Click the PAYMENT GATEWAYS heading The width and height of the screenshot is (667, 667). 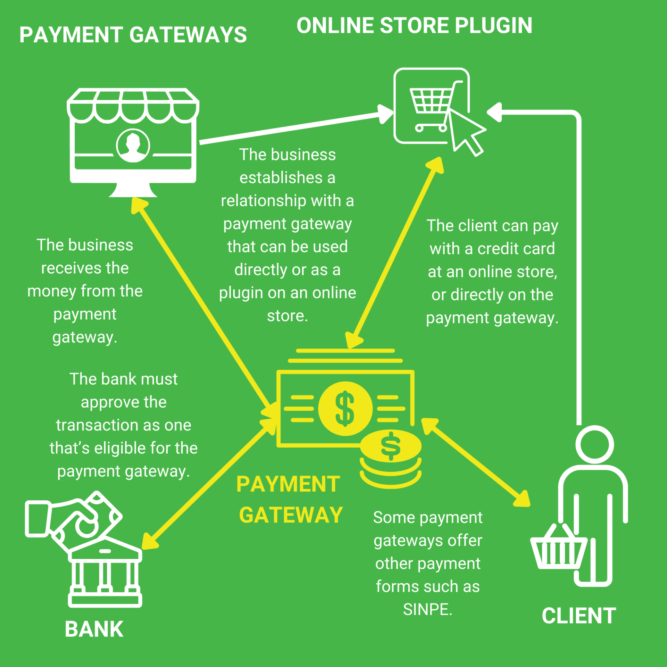133,35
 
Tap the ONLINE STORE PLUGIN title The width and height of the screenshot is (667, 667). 414,26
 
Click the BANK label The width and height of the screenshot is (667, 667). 94,629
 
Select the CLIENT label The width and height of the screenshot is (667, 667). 579,616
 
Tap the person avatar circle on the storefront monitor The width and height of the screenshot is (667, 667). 133,146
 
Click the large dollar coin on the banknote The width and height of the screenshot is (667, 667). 345,409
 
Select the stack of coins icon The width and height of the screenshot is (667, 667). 390,459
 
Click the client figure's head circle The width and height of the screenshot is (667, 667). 594,445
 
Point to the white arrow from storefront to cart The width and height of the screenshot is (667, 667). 292,128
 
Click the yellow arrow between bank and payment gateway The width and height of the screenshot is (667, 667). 208,483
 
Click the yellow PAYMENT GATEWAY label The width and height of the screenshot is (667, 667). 289,499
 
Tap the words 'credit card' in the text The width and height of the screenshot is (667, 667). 516,249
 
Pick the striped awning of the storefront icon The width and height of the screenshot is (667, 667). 133,106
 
